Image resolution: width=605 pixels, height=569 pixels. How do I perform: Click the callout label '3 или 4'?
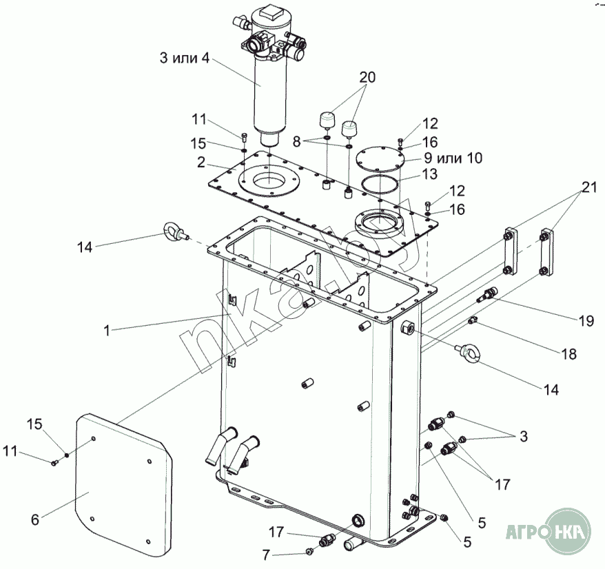185,58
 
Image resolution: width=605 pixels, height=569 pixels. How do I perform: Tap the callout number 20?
367,77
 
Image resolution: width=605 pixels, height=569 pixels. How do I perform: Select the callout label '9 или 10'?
453,158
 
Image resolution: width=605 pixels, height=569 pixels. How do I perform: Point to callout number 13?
430,174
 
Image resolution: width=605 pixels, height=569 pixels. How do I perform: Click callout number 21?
589,187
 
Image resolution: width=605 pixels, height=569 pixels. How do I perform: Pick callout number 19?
586,320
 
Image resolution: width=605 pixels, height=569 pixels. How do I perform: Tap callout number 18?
568,354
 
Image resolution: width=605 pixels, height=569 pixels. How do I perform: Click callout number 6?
35,519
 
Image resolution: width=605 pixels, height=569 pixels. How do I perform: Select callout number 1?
107,331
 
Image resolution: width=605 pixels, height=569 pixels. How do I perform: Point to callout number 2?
201,163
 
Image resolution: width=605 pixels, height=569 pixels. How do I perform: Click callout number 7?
266,555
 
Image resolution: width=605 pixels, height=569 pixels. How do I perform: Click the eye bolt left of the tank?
176,231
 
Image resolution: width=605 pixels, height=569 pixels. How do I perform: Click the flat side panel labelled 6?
124,486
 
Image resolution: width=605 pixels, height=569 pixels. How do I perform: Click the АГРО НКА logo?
548,532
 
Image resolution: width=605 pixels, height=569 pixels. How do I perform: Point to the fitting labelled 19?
487,294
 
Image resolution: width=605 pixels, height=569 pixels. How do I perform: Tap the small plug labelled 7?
309,551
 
